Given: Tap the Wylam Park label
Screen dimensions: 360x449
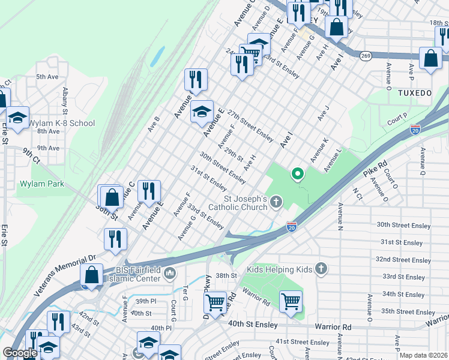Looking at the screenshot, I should [x=41, y=184].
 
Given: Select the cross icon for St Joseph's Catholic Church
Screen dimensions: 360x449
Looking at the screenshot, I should [x=276, y=202].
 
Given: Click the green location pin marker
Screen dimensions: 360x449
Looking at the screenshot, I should [x=297, y=175].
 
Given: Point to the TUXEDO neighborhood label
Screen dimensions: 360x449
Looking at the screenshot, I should [x=415, y=93].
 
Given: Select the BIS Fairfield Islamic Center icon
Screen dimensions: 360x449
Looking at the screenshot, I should [x=170, y=274].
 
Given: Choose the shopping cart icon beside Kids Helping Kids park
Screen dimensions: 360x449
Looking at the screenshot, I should [x=291, y=301].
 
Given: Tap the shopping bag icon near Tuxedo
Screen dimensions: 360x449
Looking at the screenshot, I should [x=431, y=59].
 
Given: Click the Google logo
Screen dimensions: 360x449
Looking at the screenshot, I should [x=20, y=353].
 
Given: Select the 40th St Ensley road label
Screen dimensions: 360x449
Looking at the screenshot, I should [x=252, y=325].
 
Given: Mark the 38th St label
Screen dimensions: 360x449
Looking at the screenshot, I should [x=226, y=275].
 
